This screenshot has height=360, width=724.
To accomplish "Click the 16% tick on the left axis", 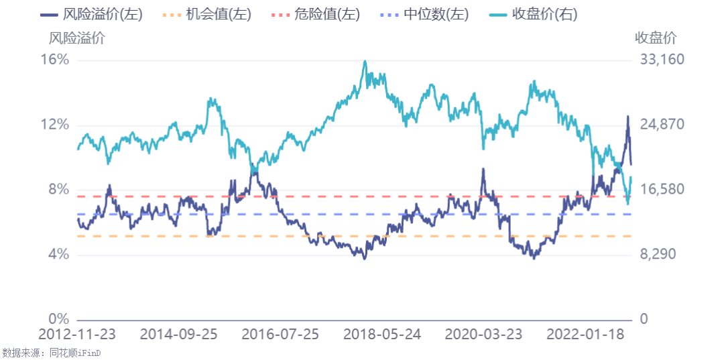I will click(55, 60).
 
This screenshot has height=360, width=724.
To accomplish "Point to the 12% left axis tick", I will click(55, 125).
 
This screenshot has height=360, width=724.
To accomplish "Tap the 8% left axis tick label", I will click(59, 190).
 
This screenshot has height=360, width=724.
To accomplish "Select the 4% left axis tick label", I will click(59, 255).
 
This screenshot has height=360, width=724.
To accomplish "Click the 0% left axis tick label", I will click(59, 319).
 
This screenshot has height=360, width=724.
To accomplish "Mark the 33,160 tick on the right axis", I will click(662, 60).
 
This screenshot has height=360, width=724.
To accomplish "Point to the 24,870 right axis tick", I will click(662, 125).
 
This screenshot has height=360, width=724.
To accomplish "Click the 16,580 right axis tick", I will click(662, 190).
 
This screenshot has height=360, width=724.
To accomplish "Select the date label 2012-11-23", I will click(78, 335).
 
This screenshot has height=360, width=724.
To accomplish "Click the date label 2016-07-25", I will click(281, 335).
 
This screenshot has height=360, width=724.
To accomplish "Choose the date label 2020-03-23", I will click(484, 335).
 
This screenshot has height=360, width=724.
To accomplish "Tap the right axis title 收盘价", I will click(656, 38).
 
